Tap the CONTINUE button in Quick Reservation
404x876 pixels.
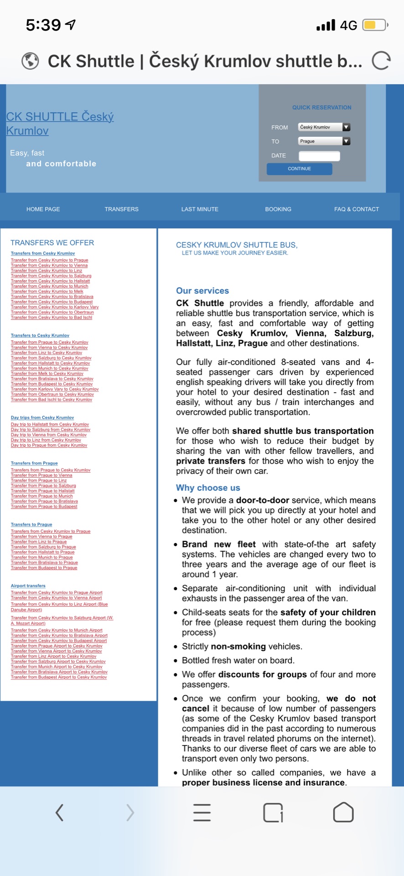click(x=299, y=169)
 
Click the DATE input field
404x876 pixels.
click(x=319, y=156)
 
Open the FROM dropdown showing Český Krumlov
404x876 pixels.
click(x=324, y=127)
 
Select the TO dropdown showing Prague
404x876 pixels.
click(x=324, y=141)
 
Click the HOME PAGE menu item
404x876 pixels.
click(x=43, y=209)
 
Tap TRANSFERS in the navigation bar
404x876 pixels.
click(x=121, y=209)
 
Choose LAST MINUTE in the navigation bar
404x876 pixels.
click(x=200, y=209)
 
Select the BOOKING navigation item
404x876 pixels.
click(x=278, y=209)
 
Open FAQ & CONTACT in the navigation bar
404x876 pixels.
click(x=357, y=209)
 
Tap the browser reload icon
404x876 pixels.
click(x=381, y=61)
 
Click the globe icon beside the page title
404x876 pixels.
click(x=30, y=61)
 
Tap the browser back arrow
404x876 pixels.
click(x=59, y=813)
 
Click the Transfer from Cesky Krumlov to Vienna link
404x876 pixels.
click(x=49, y=266)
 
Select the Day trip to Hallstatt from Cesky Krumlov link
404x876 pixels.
click(x=50, y=424)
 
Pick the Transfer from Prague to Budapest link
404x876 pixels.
click(x=44, y=506)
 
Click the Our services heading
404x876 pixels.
click(x=202, y=291)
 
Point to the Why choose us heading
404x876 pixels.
click(x=208, y=488)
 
